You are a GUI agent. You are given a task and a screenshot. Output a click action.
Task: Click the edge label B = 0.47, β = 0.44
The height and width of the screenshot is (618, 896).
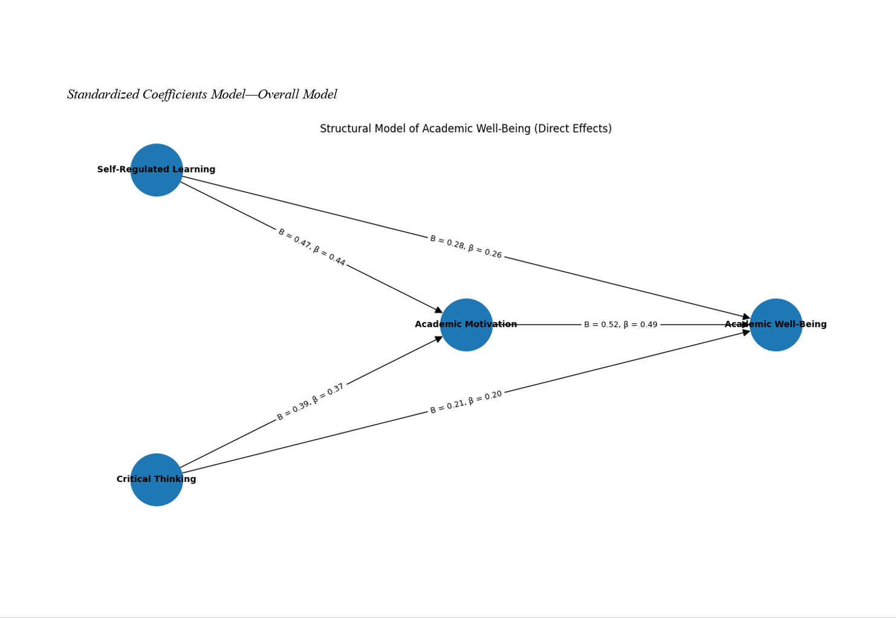(311, 247)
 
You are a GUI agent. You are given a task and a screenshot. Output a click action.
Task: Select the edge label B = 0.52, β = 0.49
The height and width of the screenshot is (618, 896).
(620, 325)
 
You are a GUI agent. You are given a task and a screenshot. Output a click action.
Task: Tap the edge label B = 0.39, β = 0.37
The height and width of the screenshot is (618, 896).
(311, 402)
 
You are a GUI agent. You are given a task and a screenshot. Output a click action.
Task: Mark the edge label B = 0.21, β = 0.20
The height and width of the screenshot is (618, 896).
(466, 403)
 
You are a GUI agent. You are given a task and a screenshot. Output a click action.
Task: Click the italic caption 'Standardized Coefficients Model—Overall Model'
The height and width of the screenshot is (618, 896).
(202, 95)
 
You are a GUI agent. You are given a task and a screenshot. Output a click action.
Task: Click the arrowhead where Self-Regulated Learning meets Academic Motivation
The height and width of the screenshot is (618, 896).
(438, 311)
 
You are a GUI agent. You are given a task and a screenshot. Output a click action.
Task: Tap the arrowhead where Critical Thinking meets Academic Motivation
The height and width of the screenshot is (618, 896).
(438, 339)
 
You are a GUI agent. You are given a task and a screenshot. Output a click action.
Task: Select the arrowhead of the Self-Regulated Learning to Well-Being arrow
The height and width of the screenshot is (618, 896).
(746, 317)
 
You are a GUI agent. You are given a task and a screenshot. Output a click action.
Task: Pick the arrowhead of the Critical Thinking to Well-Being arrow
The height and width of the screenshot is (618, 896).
(746, 332)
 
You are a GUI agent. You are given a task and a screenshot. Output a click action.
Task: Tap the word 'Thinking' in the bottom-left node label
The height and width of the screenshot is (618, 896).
(176, 480)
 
